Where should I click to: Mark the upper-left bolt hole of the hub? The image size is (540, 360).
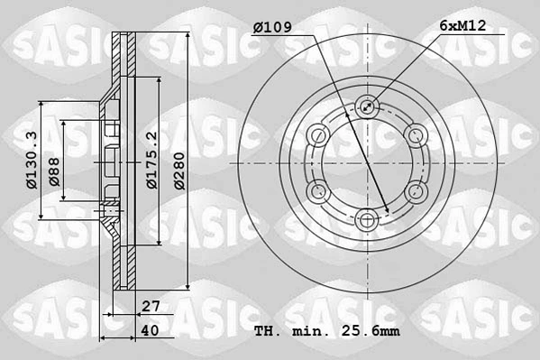click(x=317, y=134)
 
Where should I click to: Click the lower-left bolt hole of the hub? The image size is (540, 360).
click(x=317, y=190)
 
